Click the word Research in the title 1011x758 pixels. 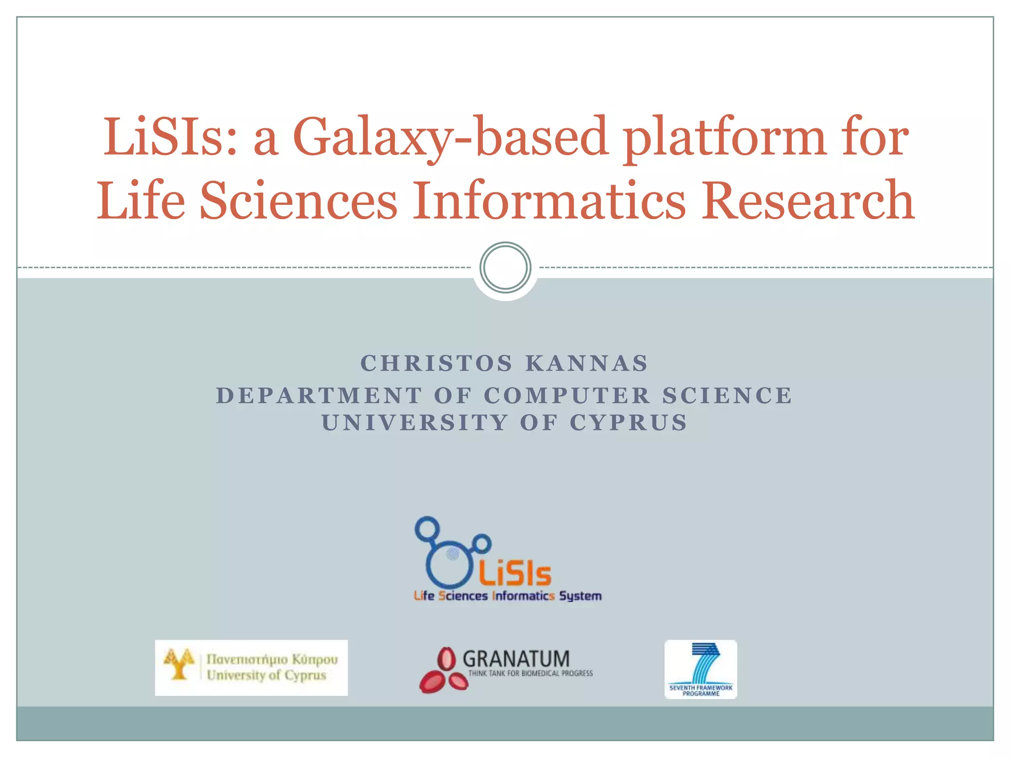(808, 200)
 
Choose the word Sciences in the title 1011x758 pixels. (298, 200)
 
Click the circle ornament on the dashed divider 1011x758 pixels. (505, 267)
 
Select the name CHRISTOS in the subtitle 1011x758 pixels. (436, 364)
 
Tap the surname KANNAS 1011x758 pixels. (586, 364)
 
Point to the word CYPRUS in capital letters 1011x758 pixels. (628, 423)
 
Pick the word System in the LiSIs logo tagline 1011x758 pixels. (580, 596)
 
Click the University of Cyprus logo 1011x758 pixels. (251, 668)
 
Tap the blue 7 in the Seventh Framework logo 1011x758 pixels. (705, 662)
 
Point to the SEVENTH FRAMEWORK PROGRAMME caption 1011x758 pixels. (700, 690)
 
